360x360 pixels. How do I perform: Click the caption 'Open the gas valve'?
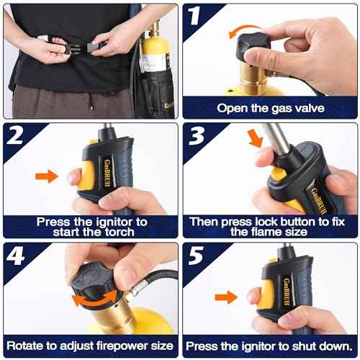click(270, 109)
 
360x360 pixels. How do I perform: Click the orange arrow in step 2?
click(47, 174)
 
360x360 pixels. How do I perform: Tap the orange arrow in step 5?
click(226, 296)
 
